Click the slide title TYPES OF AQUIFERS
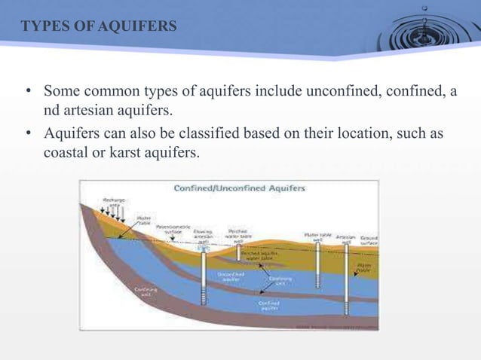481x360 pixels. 99,28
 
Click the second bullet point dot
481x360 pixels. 27,134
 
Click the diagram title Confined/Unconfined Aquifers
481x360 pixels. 239,188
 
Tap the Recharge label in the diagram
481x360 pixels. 115,201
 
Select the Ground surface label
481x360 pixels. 369,239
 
